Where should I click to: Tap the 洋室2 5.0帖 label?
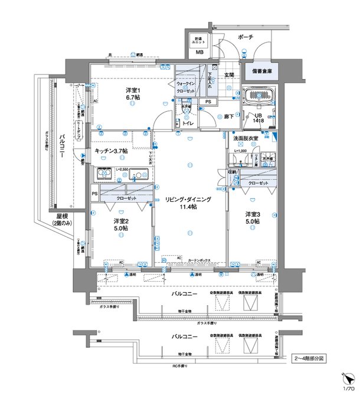[x=120, y=225]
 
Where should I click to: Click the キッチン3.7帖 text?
[x=111, y=152]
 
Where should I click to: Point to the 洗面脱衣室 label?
[x=244, y=138]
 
